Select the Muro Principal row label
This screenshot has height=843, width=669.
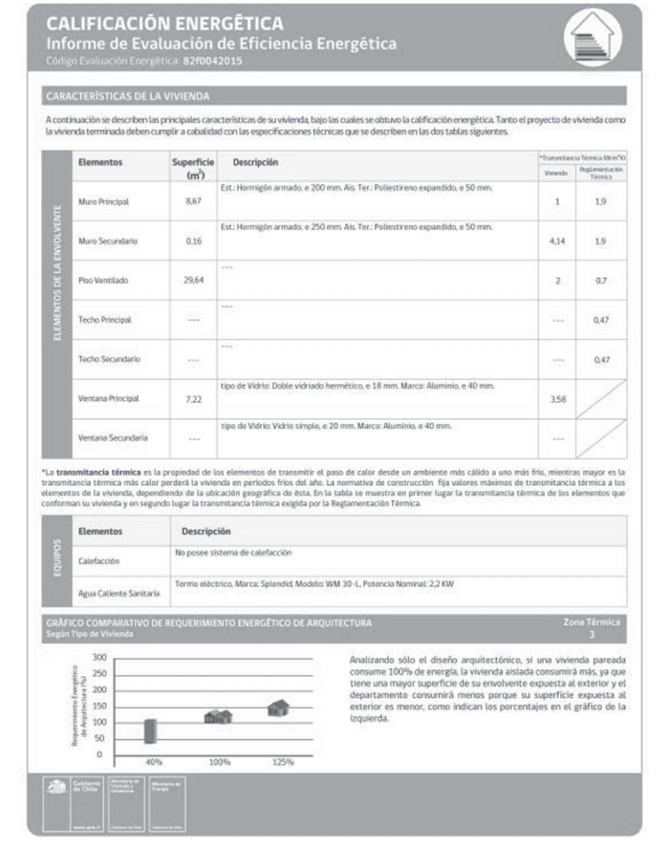pos(103,203)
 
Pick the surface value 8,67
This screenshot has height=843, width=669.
pos(194,203)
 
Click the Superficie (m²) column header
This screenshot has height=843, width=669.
pos(193,169)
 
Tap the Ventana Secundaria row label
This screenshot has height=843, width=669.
pos(113,437)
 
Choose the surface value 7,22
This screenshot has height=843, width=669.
pos(194,398)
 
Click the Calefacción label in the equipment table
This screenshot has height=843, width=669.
pos(101,562)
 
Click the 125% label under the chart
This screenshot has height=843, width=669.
pos(279,762)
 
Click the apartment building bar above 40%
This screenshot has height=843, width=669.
pos(150,730)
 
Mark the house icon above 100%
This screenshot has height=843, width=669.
pos(218,716)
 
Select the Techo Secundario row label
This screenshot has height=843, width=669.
pos(109,359)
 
